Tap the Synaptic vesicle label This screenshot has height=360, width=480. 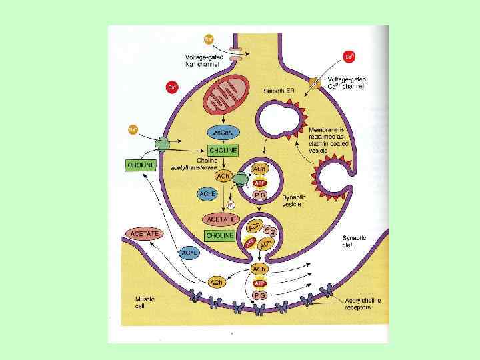[x=294, y=201]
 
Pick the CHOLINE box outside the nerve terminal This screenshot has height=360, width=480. [x=141, y=165]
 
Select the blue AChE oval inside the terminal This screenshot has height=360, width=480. [x=207, y=193]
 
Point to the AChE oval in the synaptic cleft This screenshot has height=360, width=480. [x=189, y=253]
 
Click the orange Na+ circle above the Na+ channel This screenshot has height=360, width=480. [x=209, y=40]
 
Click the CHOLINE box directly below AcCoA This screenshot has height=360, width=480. [x=222, y=150]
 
